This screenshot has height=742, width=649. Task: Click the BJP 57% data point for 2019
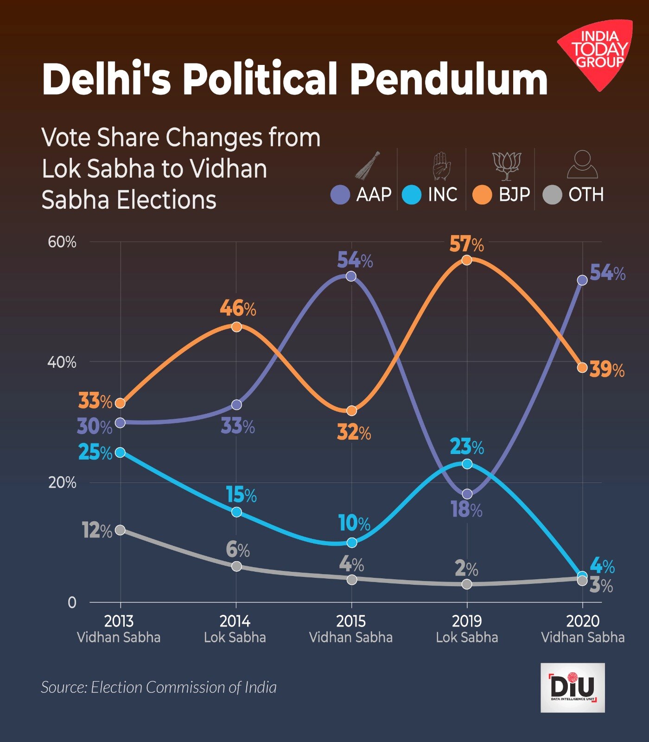(467, 260)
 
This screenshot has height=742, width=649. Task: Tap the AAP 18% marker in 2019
(467, 494)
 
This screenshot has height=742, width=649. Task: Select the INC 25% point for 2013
(120, 452)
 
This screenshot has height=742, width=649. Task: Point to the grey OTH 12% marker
(120, 530)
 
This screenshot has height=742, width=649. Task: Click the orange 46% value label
(237, 308)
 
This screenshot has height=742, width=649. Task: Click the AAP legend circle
(340, 195)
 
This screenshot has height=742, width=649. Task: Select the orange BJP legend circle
(482, 195)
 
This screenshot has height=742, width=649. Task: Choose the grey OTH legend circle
(552, 195)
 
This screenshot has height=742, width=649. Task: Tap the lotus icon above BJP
(506, 166)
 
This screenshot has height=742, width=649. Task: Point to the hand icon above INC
(441, 166)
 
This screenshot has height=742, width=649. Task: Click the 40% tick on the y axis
(62, 362)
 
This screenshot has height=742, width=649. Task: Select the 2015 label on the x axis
(351, 621)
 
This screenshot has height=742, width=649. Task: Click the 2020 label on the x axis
(583, 621)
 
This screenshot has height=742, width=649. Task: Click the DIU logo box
(573, 687)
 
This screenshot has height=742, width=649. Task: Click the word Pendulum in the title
(449, 79)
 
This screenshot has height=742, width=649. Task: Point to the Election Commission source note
(159, 687)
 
